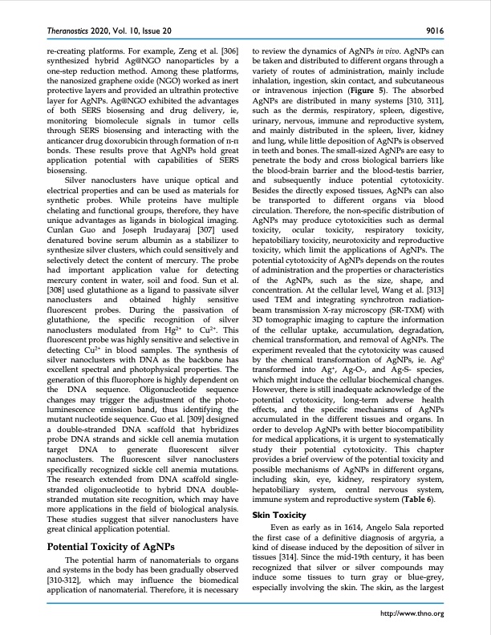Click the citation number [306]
(x=228, y=50)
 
